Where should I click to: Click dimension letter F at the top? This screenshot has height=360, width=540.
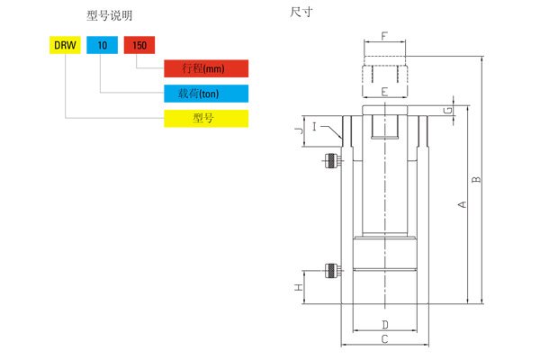384,37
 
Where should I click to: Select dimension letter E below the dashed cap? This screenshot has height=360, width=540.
384,91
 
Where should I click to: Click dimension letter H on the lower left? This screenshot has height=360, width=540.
300,288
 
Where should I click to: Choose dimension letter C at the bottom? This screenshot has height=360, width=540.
384,339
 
